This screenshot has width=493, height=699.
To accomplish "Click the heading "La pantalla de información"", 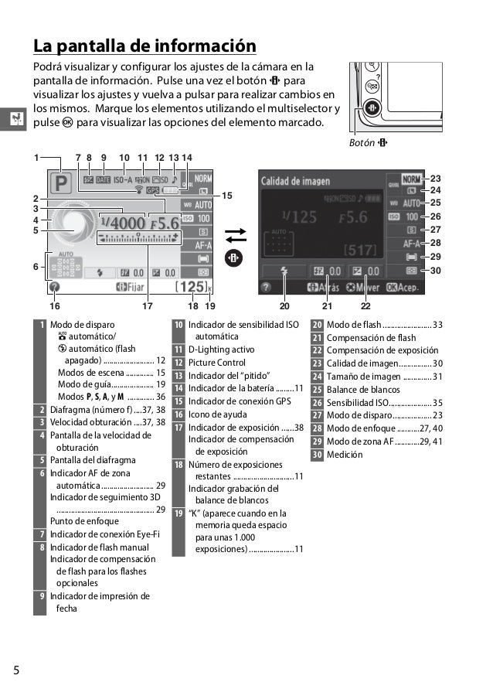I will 144,44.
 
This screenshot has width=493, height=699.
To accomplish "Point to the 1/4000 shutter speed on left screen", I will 121,222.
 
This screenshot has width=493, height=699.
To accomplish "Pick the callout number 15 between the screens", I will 226,196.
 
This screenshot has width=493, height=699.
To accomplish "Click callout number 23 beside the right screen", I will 435,178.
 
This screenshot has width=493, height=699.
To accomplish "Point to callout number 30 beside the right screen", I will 435,271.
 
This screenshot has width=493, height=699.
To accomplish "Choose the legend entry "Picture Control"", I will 217,362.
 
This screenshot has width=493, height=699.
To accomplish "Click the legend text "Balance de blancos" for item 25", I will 363,390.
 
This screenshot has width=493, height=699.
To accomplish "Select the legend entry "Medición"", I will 345,455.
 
